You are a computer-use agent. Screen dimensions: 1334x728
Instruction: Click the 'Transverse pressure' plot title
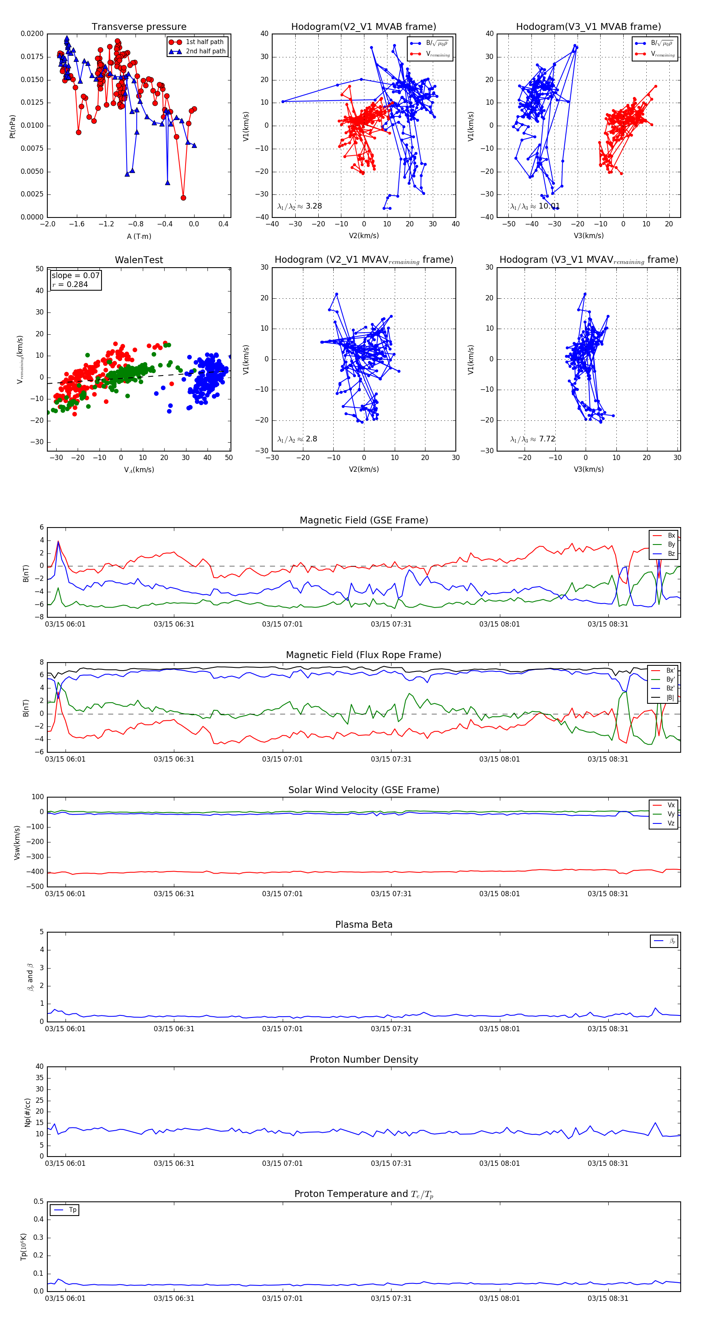pos(139,27)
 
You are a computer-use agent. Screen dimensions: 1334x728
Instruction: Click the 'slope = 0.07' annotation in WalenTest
pos(75,276)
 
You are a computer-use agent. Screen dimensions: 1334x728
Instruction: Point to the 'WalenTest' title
pos(139,260)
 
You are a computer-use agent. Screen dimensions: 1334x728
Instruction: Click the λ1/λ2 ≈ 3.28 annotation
pos(299,206)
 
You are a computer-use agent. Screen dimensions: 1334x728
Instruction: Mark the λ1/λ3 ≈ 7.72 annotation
pos(533,439)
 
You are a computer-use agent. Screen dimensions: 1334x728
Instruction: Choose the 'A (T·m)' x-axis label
pos(139,236)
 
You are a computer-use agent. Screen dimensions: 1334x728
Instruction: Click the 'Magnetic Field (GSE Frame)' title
pos(364,520)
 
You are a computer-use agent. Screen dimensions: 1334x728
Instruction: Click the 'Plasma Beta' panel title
pos(364,925)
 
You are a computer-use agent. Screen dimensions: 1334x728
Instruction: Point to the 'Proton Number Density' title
pos(364,1060)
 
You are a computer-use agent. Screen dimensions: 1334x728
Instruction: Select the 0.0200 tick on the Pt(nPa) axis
pos(32,34)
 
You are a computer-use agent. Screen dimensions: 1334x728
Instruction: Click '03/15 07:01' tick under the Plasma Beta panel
pos(282,1028)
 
